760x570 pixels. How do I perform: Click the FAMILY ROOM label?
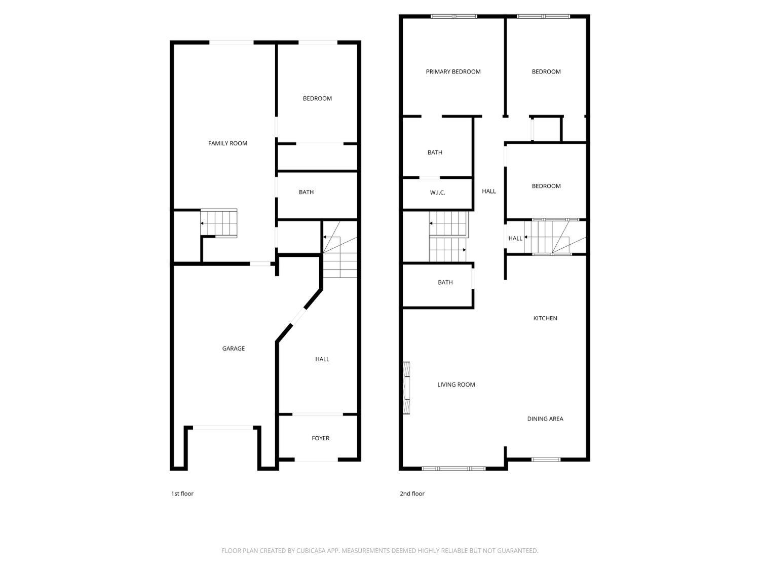[227, 143]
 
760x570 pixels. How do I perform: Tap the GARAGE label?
[233, 349]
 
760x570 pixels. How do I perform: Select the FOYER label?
[320, 438]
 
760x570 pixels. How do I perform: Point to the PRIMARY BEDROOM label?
[453, 72]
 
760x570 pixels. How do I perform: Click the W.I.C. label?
[437, 193]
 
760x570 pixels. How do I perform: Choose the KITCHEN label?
[545, 318]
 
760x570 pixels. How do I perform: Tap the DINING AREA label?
[545, 419]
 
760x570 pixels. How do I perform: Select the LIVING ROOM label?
[456, 385]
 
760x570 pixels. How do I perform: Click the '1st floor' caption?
[182, 493]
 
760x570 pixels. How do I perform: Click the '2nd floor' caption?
[412, 493]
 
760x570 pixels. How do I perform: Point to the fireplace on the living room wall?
[406, 388]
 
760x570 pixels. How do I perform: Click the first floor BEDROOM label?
[317, 99]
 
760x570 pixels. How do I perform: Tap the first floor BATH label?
[306, 192]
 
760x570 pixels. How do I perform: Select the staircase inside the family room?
[219, 223]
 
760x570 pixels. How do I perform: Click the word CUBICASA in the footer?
[311, 551]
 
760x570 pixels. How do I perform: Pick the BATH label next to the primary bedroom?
[435, 153]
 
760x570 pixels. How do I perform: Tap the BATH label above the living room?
[445, 283]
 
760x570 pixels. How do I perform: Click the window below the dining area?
[546, 460]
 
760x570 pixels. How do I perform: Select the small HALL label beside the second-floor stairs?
[515, 238]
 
